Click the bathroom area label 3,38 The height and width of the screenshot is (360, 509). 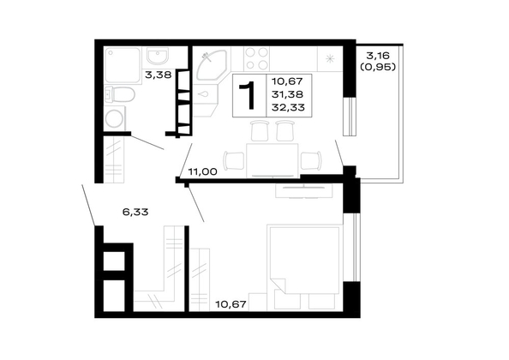click(x=158, y=75)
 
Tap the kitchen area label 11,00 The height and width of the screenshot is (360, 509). click(x=202, y=171)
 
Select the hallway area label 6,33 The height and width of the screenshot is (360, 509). click(x=135, y=212)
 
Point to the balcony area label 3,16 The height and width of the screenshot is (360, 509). click(x=378, y=56)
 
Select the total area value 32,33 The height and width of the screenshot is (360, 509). click(x=289, y=107)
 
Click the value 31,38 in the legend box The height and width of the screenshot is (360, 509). click(x=288, y=94)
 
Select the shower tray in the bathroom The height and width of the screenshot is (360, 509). click(x=122, y=66)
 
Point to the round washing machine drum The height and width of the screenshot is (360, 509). click(x=114, y=119)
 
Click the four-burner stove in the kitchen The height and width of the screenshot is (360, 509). click(x=257, y=59)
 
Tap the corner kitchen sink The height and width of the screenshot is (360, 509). click(x=211, y=64)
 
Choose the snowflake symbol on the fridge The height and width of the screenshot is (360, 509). click(x=330, y=59)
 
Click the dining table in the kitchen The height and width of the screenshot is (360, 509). click(x=272, y=160)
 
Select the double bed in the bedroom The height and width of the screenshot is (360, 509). click(x=304, y=267)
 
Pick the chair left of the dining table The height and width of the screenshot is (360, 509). click(x=234, y=160)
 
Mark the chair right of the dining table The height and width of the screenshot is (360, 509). click(x=311, y=160)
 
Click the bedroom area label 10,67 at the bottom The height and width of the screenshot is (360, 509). click(x=231, y=304)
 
